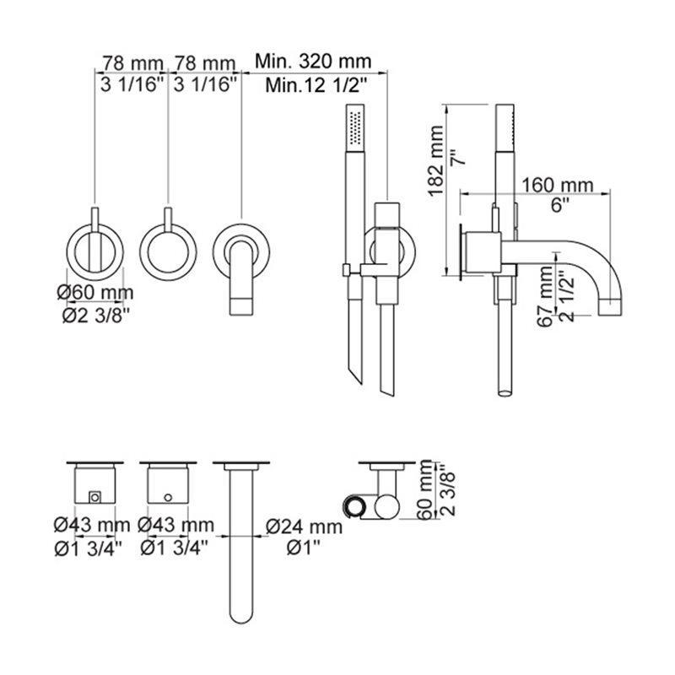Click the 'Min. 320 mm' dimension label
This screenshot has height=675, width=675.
[x=312, y=61]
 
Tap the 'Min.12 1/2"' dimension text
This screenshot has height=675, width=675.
[x=316, y=85]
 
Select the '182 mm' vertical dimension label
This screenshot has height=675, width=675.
[x=435, y=160]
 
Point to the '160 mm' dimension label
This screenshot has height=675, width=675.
[x=557, y=185]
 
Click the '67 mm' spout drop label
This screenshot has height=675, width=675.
[x=546, y=297]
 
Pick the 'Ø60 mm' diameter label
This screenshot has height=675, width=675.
[x=95, y=293]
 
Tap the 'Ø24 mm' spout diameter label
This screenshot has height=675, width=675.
[x=304, y=526]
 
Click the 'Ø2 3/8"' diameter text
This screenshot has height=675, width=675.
[x=95, y=316]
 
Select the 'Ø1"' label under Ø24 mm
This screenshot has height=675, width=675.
[x=304, y=548]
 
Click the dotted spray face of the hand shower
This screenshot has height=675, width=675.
[x=356, y=128]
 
